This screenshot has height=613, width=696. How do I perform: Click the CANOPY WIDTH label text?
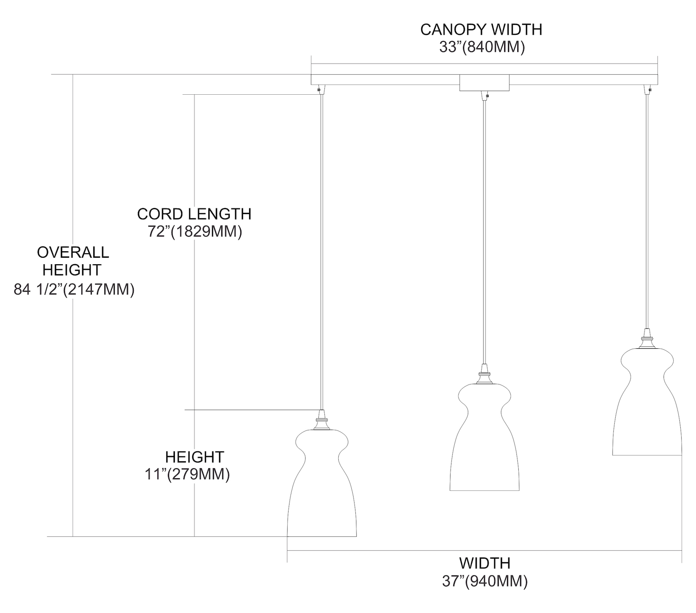tap(481, 30)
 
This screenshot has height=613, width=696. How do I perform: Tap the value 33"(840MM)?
tap(481, 47)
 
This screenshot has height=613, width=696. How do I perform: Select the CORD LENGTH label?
tap(194, 214)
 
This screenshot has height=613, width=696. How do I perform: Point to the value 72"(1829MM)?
tap(195, 231)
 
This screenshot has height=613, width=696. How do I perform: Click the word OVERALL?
tap(73, 252)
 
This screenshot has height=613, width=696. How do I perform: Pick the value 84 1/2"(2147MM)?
tap(74, 290)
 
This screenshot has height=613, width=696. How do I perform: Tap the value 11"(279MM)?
tap(187, 475)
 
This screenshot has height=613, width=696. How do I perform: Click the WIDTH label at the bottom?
tap(484, 563)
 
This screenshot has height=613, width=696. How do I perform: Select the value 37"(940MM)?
tap(484, 581)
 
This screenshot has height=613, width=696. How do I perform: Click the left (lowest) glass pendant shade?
tap(322, 488)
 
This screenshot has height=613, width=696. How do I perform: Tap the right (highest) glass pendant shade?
tap(647, 404)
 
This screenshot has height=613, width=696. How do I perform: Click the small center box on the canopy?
tap(484, 83)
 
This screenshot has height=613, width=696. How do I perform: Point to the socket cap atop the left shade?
tap(322, 420)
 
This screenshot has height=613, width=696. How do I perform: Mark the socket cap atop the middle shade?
tap(484, 374)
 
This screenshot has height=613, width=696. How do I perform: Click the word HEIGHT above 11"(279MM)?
tap(194, 457)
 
